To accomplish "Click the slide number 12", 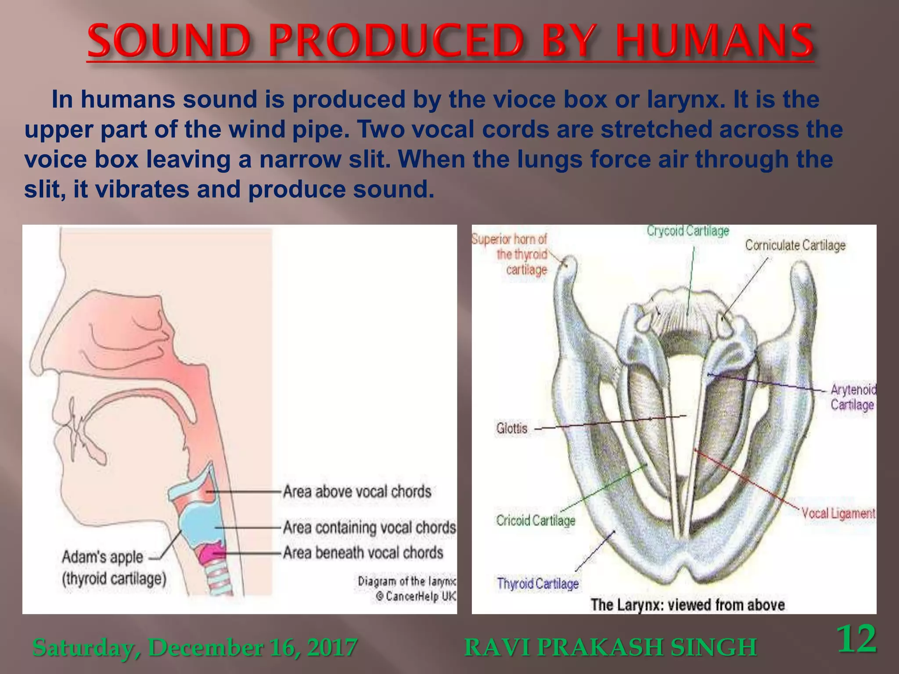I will pos(856,639).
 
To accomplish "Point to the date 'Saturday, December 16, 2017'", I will pos(195,647).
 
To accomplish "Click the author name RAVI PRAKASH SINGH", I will pos(610,647).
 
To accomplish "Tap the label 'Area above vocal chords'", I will pos(357,491).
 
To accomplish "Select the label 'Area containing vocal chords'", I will pos(369,527).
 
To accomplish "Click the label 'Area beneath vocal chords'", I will pos(363,552).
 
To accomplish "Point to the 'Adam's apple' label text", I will pos(102,557).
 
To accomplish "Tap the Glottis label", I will pos(511,428).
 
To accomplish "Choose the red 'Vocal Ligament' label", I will pos(838,513).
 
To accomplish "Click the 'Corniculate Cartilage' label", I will pos(795,245).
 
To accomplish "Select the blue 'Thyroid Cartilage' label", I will pos(538,584).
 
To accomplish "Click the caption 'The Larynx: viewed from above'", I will pos(687,605).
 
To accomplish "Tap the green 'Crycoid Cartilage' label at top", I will pos(688,230).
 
